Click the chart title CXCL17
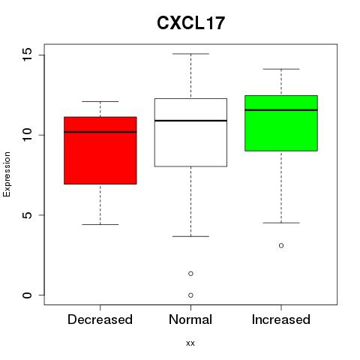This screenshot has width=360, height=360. pos(190,23)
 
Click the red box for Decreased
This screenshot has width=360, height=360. pos(100,151)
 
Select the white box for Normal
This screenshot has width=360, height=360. pos(190,132)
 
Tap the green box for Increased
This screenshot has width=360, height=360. pos(281,123)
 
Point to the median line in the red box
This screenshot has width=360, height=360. pos(100,132)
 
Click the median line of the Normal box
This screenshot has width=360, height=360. pos(190,121)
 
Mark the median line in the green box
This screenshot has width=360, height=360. pos(281,110)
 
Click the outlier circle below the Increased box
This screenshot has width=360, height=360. pos(281,245)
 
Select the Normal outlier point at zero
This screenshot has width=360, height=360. pos(190,295)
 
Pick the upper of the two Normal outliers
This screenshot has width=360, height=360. pos(190,274)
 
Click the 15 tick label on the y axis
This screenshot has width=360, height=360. pos(27,55)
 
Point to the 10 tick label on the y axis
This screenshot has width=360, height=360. pos(27,135)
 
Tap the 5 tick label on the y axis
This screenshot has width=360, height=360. pos(27,215)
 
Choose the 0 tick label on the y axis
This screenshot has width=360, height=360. pos(27,295)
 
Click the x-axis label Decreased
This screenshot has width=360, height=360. pos(100,319)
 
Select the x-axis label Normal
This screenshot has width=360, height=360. pos(190,319)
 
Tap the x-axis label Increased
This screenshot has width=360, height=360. pos(281,319)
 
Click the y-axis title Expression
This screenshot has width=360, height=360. pos(7,174)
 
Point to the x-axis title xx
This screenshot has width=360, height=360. pos(190,343)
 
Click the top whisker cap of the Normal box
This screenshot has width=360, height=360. pos(190,54)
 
